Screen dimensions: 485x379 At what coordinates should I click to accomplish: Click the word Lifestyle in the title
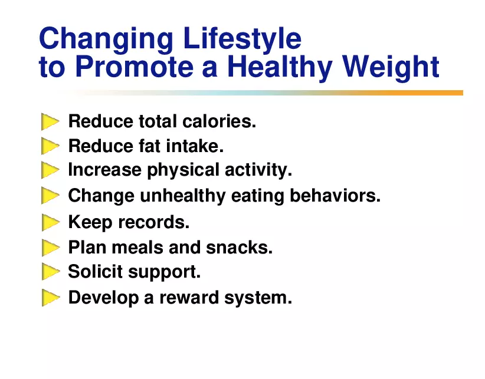242,39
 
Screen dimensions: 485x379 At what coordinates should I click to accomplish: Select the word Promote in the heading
135,66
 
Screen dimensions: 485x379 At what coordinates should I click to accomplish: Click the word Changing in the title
106,39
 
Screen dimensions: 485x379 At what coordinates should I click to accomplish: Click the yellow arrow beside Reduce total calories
50,121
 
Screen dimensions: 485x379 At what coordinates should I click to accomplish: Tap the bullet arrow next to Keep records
50,222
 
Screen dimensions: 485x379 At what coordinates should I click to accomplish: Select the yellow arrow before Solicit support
50,272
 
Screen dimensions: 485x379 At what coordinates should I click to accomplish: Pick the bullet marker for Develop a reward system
50,298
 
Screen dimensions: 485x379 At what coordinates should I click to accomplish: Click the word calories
219,121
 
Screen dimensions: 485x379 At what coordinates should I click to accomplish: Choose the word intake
195,146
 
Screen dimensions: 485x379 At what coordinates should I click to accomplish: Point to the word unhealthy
183,197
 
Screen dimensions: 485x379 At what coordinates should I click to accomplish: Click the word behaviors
335,196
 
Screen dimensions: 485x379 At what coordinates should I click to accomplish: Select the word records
154,222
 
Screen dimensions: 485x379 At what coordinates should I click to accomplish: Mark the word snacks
240,248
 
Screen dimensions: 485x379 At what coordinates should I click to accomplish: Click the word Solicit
95,272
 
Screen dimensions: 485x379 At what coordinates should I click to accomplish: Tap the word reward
189,298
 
